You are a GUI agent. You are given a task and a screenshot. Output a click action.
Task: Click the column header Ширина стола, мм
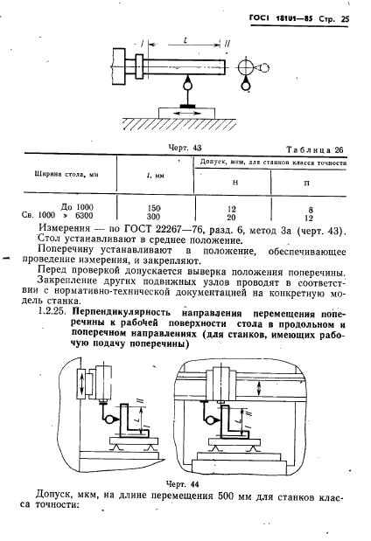(58, 175)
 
